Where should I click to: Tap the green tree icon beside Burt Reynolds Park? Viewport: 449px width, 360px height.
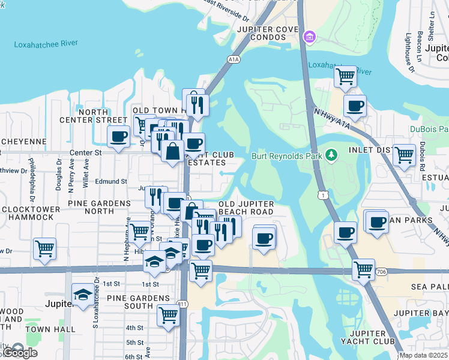pos(330,156)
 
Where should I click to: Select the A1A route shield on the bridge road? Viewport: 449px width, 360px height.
pos(234,59)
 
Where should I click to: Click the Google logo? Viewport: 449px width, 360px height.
pos(20,353)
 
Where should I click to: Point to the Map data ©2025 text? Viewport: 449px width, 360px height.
pos(423,356)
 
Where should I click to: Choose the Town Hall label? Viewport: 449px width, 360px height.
pos(50,329)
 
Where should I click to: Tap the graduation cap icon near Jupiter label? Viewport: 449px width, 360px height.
pos(83,295)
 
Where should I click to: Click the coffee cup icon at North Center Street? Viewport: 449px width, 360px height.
pos(119,136)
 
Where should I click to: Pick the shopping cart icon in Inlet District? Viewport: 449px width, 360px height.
pos(404,155)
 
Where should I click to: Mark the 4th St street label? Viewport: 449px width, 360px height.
pos(134,328)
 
